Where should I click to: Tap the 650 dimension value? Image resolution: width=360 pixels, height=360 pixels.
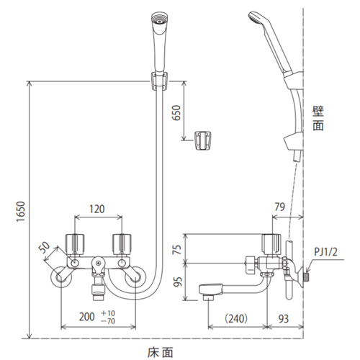[176, 112]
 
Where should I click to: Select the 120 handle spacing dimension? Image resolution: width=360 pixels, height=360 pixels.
[97, 209]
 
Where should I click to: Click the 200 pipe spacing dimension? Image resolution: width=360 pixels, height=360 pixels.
[86, 317]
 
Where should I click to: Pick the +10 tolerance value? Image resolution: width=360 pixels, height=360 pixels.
[108, 313]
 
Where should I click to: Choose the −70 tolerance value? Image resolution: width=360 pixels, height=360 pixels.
[108, 321]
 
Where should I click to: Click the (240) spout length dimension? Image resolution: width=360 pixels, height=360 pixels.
[236, 318]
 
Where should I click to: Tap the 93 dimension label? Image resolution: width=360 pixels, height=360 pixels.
[284, 319]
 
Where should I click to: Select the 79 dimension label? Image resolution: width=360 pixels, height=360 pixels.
[279, 207]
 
